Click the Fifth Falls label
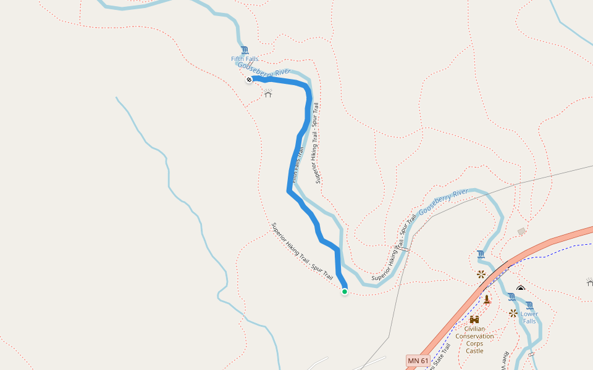tap(245, 59)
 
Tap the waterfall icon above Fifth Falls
tap(245, 50)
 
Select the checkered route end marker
tap(248, 80)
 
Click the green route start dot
tap(344, 292)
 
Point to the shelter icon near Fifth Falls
tap(268, 94)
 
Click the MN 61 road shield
tap(418, 360)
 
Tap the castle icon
tap(474, 319)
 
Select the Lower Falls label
tap(529, 318)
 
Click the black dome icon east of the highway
tap(521, 288)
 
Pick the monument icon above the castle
tap(487, 300)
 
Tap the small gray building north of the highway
tap(522, 231)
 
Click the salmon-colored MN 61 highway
tap(544, 242)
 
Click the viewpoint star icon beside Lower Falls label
tap(513, 313)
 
